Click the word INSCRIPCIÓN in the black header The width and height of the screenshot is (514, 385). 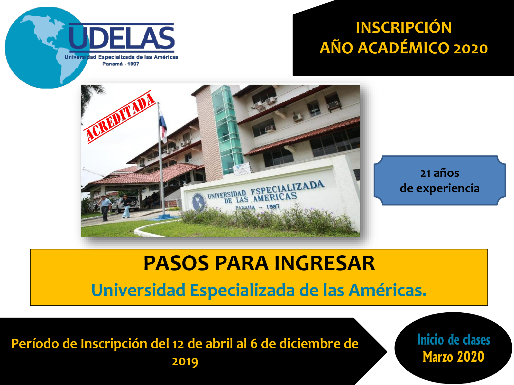point(403,27)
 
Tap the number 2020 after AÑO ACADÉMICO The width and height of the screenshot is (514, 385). point(471,49)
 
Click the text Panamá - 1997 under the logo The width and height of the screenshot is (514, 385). point(121,64)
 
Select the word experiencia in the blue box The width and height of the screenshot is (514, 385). point(448,188)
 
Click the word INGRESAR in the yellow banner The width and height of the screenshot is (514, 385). point(325,263)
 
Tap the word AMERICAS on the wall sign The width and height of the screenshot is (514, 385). point(275,197)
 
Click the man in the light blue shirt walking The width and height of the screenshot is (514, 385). point(104,208)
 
